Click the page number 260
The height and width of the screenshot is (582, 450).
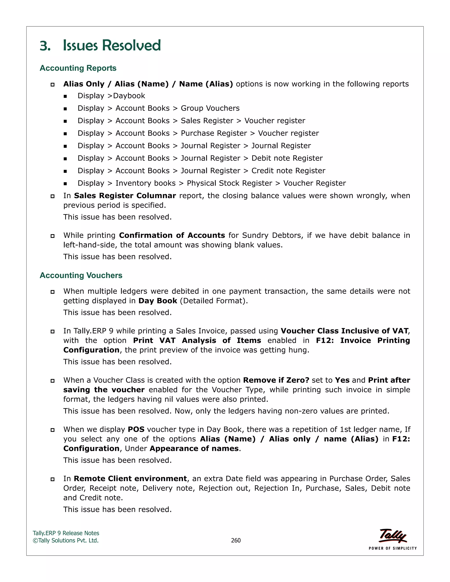pyautogui.click(x=236, y=540)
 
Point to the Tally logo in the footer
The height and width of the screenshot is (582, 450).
pyautogui.click(x=392, y=536)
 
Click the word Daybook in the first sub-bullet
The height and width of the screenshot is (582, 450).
pyautogui.click(x=129, y=96)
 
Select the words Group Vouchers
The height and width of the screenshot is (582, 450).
pyautogui.click(x=210, y=108)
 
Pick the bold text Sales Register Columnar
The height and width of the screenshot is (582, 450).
pyautogui.click(x=125, y=196)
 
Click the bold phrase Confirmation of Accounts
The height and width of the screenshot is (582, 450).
pyautogui.click(x=172, y=235)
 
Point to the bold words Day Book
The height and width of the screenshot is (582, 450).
pyautogui.click(x=158, y=301)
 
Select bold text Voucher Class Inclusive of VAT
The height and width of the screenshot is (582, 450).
pyautogui.click(x=345, y=331)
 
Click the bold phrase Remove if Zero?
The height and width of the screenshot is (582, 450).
pyautogui.click(x=276, y=380)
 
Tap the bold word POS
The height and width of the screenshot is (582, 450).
pyautogui.click(x=136, y=430)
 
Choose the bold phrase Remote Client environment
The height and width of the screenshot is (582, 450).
pyautogui.click(x=130, y=479)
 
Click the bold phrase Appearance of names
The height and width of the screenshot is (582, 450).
pyautogui.click(x=194, y=449)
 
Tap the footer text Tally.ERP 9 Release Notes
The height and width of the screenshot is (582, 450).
pyautogui.click(x=66, y=533)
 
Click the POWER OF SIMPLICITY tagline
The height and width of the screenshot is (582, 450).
pyautogui.click(x=392, y=548)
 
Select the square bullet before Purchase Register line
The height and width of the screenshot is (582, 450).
pyautogui.click(x=65, y=134)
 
